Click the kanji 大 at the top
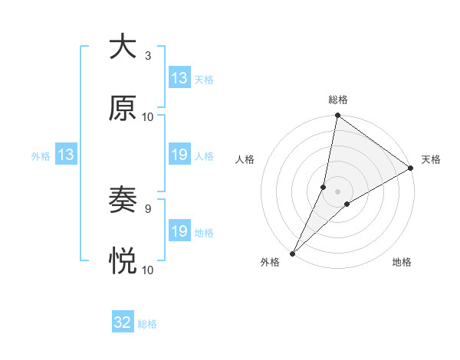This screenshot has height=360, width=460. [x=123, y=47]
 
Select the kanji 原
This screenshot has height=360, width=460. [x=123, y=109]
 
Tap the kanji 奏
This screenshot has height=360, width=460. [x=123, y=201]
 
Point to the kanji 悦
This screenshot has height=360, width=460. [x=123, y=262]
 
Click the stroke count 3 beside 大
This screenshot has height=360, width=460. [x=148, y=56]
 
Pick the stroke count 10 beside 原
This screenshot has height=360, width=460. [x=148, y=117]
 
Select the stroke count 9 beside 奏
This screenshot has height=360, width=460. [x=148, y=208]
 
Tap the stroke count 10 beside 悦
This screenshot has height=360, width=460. [x=148, y=270]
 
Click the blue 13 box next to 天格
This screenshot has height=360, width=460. [x=179, y=78]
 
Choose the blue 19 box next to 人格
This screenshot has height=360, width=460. [x=179, y=155]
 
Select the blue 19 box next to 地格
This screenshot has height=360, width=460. [x=179, y=231]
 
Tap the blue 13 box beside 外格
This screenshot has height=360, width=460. [x=66, y=155]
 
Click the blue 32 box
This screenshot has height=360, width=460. [x=123, y=322]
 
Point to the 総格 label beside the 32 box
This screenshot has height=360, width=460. [x=147, y=324]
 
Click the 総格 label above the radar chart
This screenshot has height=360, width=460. [x=338, y=100]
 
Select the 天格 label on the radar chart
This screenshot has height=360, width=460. [x=431, y=159]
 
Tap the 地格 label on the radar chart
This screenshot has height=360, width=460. [x=402, y=263]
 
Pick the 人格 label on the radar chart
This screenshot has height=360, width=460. [x=245, y=159]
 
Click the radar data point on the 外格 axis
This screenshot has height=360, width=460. [x=292, y=253]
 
